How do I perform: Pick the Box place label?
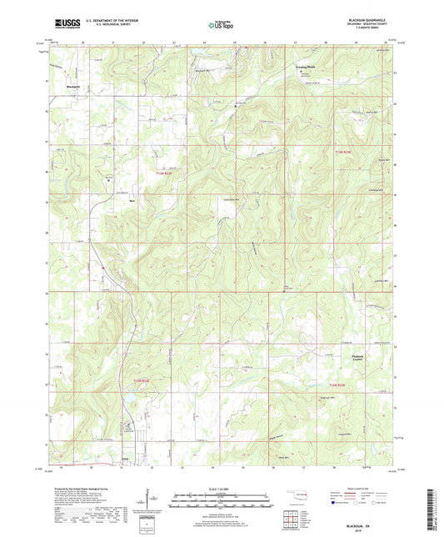pyautogui.click(x=130, y=200)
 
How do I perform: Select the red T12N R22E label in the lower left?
pyautogui.click(x=142, y=380)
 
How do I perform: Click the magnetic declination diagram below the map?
pyautogui.click(x=150, y=500)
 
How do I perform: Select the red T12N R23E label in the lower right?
pyautogui.click(x=336, y=384)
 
